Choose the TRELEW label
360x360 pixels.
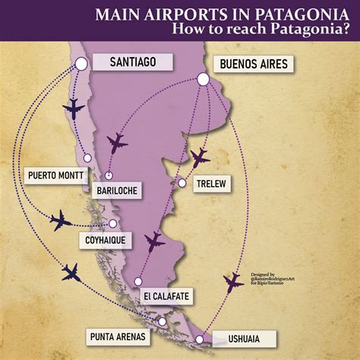click(x=210, y=184)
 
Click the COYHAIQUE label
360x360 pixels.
click(x=103, y=240)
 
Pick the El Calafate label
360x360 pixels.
click(x=165, y=295)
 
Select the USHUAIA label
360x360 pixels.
click(x=232, y=339)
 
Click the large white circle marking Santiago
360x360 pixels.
click(x=81, y=65)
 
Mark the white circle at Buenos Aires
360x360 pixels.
click(x=203, y=78)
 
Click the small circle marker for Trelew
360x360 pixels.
click(x=182, y=183)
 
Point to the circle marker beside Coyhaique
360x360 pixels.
click(x=113, y=223)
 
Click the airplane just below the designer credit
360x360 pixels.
click(x=233, y=283)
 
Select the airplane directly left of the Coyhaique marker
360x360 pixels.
click(x=60, y=221)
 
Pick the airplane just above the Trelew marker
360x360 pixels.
click(x=199, y=157)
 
